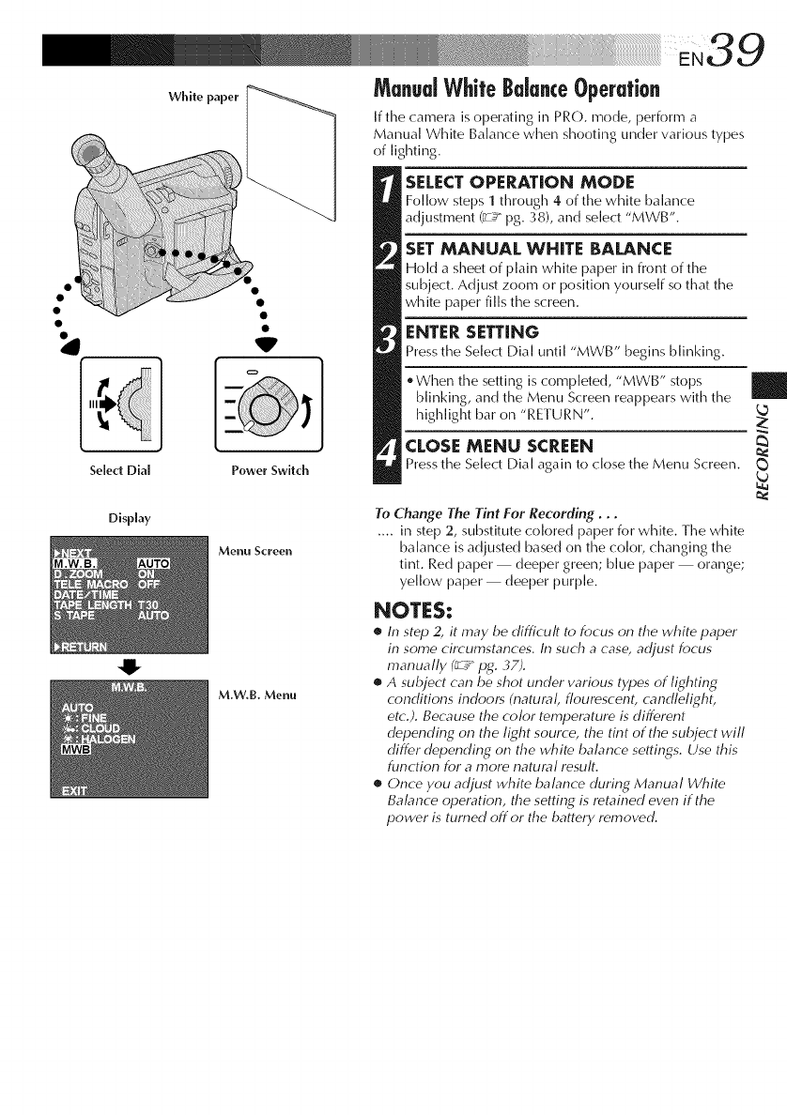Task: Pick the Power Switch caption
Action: pos(270,470)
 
